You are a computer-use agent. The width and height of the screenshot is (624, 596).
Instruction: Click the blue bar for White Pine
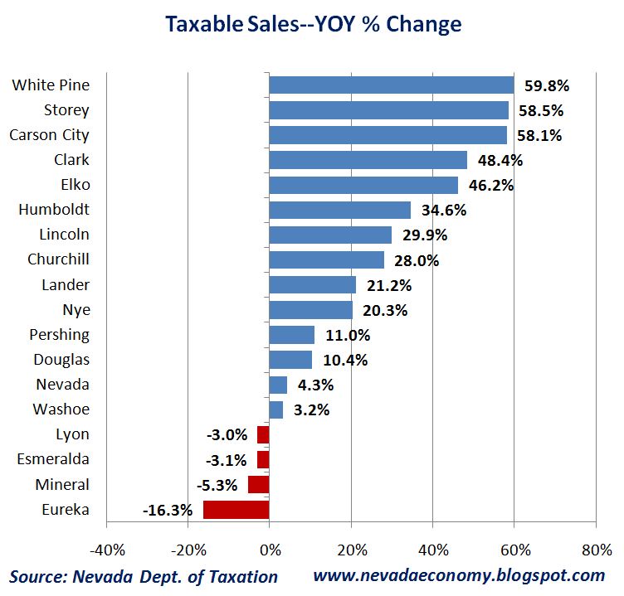pos(391,85)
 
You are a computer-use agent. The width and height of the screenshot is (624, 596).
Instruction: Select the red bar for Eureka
pos(236,509)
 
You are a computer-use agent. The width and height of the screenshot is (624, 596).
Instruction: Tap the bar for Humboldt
pos(339,210)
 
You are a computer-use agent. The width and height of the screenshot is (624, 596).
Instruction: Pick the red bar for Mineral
pos(259,484)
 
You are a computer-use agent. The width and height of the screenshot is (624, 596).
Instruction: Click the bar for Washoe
pos(275,409)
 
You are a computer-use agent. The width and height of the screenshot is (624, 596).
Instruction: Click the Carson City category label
pos(49,134)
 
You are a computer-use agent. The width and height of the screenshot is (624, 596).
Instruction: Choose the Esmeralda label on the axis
pos(51,459)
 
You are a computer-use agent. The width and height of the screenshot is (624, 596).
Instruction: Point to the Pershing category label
pos(61,335)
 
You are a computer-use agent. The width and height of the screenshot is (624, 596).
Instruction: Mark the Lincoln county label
pos(64,235)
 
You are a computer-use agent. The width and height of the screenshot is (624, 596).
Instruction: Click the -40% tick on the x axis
pos(106,550)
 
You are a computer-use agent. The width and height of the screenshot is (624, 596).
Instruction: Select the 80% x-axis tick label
pos(595,550)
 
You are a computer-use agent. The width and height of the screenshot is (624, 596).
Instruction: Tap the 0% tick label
pos(270,550)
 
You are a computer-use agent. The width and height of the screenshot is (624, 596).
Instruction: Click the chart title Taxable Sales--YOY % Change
pos(313,24)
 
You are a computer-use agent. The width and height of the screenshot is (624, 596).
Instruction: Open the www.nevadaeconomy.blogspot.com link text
pos(459,575)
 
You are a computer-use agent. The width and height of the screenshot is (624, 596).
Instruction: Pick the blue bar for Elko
pos(363,185)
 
